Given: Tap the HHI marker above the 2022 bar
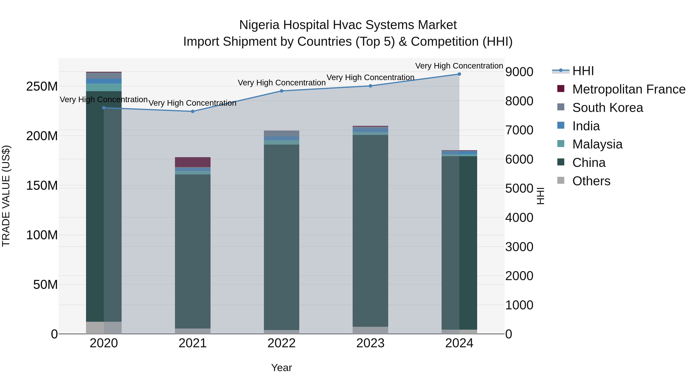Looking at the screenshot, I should (281, 91).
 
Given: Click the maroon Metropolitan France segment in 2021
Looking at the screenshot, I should (193, 162).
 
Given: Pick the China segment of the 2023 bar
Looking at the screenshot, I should (370, 230).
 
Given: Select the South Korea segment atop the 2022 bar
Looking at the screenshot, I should (281, 134).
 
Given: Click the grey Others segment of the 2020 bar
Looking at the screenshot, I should (104, 328).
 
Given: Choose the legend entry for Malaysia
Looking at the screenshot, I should (597, 144).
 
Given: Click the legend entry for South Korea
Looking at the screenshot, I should (607, 108).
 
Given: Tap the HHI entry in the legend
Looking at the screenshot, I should (583, 71).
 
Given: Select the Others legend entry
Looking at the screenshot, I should (591, 181).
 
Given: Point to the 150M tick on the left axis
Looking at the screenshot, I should (42, 186).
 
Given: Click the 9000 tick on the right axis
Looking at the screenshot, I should (519, 72).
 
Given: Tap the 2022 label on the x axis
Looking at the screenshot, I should (281, 343).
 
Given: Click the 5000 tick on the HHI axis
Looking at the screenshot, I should (519, 189).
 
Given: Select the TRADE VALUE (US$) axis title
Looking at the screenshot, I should (6, 196).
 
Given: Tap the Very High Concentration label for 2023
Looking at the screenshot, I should (370, 78).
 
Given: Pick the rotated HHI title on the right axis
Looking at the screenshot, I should (540, 196).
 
